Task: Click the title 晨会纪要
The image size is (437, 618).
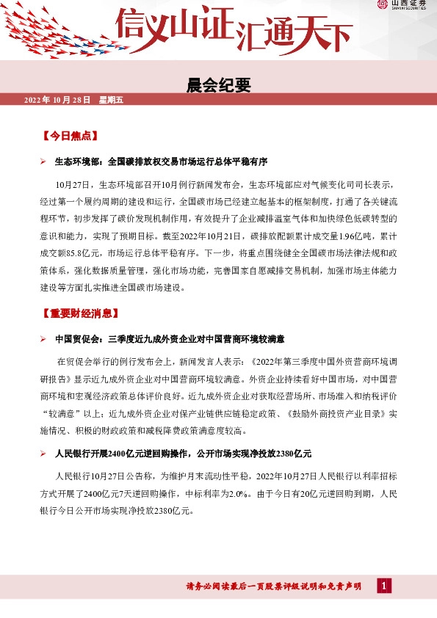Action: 218,85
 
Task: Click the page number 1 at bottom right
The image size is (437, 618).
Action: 383,586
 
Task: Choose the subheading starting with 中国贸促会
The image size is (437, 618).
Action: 170,339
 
